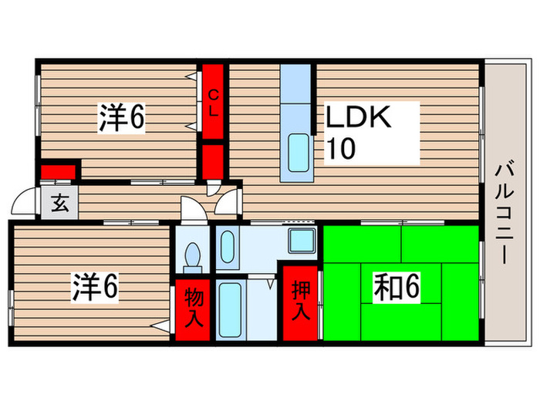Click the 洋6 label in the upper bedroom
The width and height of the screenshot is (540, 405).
pos(122,117)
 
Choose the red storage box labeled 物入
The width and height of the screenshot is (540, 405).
pos(194,308)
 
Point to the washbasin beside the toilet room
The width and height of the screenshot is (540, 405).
pos(228,247)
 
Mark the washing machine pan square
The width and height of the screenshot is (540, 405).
pos(301,240)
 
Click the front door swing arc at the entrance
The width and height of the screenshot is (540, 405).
pos(25,203)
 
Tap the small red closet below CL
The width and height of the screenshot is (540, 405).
pos(213,160)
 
